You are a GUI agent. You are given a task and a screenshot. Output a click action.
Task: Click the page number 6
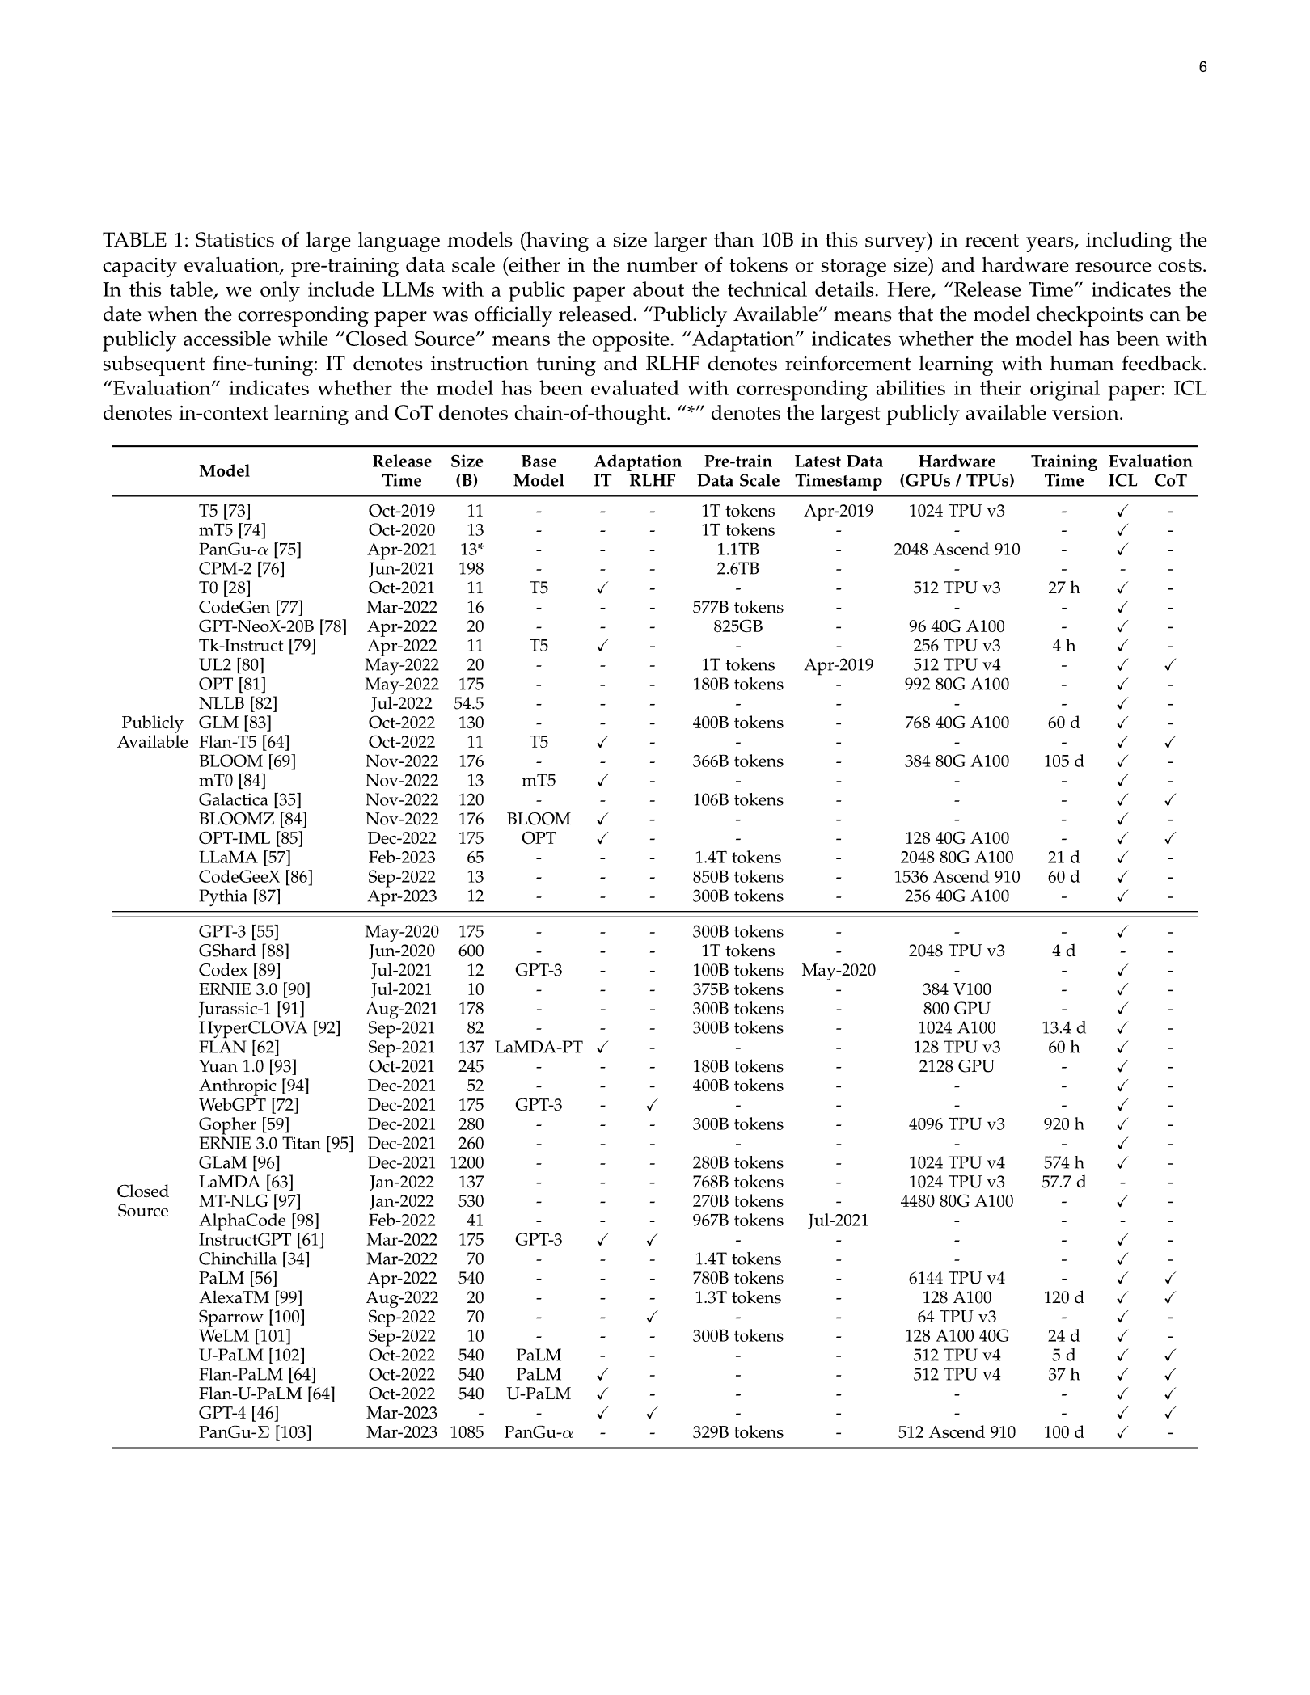[1202, 67]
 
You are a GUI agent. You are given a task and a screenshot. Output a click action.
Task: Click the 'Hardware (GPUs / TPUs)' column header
[957, 470]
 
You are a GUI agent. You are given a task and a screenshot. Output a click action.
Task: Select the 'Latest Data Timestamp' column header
[839, 470]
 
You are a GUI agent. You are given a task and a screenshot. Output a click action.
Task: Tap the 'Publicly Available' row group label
[152, 732]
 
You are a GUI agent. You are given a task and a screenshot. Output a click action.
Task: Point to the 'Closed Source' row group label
[143, 1200]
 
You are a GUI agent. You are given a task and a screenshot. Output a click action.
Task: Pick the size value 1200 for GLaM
[467, 1162]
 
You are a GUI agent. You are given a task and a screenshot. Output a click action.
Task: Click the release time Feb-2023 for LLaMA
[402, 857]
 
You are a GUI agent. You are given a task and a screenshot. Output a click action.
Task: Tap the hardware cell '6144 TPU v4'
[957, 1278]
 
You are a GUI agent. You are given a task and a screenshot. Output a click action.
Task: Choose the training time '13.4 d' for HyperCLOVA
[1063, 1027]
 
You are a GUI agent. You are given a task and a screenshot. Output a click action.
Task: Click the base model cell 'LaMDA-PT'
[539, 1047]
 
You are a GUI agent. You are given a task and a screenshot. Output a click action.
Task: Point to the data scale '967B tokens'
[738, 1221]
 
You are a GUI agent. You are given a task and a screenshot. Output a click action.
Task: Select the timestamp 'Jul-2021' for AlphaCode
[839, 1221]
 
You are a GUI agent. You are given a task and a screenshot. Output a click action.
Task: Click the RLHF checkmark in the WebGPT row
[653, 1105]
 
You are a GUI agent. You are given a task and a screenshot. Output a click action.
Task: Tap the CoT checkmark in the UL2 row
[1170, 665]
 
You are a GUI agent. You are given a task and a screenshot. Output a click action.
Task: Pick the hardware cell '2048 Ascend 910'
[957, 550]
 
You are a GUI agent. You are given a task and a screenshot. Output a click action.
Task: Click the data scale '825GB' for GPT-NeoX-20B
[738, 626]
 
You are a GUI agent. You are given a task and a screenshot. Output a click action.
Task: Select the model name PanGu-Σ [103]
[255, 1432]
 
